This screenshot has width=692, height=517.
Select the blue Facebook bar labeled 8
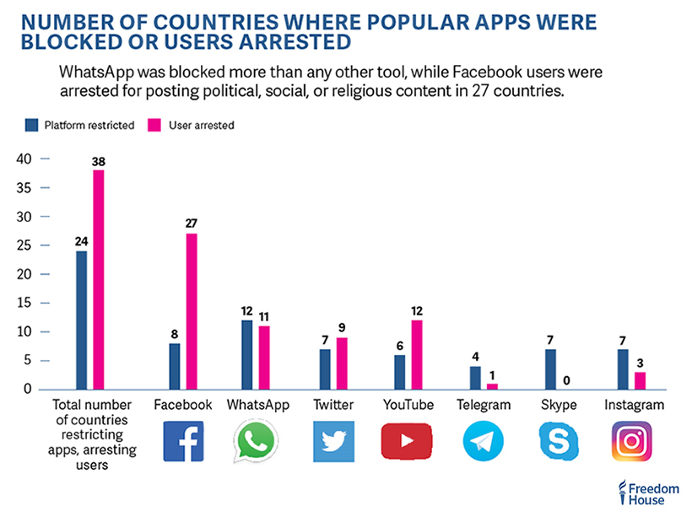click(174, 366)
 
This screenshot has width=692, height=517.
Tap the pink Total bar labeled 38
click(99, 279)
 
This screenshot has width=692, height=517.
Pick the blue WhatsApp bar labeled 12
click(246, 354)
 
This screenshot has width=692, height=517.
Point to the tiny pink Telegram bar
click(492, 386)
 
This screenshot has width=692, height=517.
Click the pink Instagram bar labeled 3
click(641, 380)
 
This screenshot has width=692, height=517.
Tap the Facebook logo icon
click(182, 441)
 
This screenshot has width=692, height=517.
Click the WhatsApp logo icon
click(257, 441)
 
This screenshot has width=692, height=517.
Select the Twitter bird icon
click(332, 441)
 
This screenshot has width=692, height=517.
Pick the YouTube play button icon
click(408, 441)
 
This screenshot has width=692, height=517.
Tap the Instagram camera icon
click(633, 441)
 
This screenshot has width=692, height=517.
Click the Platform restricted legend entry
click(78, 125)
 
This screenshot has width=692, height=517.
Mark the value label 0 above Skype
click(566, 379)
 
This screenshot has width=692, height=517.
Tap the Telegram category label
click(483, 406)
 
